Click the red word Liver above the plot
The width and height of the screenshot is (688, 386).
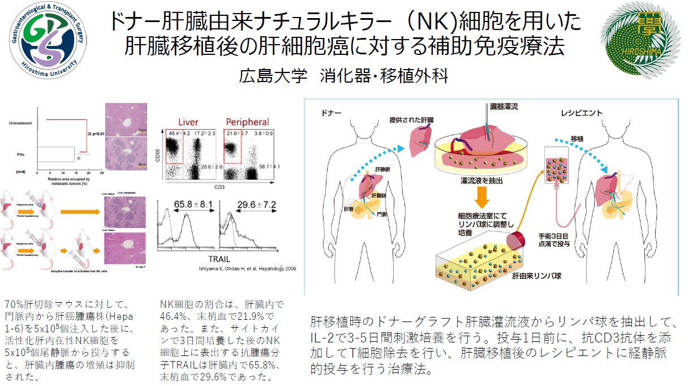188,122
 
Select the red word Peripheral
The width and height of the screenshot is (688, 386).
247,122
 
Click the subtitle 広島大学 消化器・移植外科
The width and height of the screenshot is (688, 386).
344,75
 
